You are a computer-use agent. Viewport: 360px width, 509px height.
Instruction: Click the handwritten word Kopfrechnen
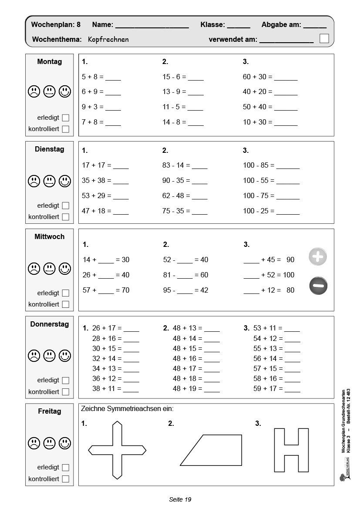click(108, 39)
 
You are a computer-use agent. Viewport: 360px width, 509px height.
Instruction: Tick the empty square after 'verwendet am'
click(324, 38)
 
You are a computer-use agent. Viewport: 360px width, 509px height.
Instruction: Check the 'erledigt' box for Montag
click(65, 118)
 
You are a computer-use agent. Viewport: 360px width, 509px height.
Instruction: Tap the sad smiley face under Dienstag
click(34, 180)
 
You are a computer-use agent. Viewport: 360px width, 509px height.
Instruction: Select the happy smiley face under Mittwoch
click(65, 268)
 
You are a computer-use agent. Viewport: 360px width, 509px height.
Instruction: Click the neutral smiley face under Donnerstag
click(49, 355)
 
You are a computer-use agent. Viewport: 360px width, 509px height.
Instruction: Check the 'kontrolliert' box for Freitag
click(65, 479)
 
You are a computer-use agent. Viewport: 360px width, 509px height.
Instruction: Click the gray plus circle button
click(318, 256)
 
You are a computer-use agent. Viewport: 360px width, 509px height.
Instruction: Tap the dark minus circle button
click(318, 286)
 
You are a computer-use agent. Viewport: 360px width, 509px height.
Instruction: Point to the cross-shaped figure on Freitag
click(117, 450)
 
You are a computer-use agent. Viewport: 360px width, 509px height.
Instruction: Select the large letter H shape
click(291, 450)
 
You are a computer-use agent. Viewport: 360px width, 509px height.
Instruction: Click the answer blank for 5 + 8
click(113, 78)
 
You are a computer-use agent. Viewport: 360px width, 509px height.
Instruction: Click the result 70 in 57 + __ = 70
click(125, 290)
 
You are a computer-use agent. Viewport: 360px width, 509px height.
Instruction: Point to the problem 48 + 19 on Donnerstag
click(187, 388)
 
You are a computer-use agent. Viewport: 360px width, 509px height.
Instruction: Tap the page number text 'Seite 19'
click(180, 499)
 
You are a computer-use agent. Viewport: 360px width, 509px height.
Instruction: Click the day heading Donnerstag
click(50, 324)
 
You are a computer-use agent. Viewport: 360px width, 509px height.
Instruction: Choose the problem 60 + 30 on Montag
click(257, 77)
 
